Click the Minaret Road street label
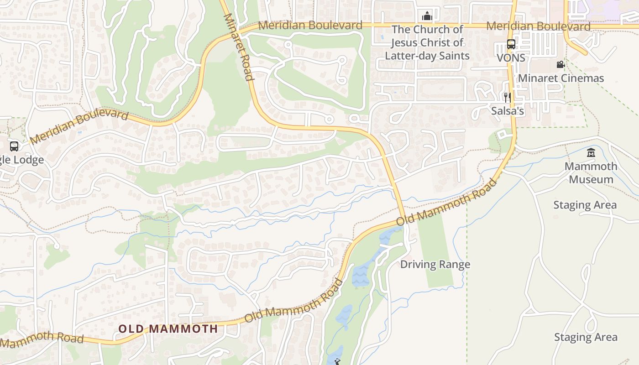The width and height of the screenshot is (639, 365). [238, 47]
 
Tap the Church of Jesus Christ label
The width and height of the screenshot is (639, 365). [427, 42]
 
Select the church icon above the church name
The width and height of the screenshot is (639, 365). [427, 16]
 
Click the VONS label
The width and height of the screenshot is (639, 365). [511, 58]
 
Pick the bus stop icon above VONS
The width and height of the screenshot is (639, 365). [511, 44]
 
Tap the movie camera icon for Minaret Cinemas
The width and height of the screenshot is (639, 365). [560, 65]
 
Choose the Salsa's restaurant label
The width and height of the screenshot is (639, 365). [508, 111]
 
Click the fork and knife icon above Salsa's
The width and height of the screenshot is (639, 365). [507, 97]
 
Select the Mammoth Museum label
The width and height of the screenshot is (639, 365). [591, 172]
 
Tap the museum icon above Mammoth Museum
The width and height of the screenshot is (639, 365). [591, 152]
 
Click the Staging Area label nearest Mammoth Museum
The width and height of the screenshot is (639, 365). [585, 205]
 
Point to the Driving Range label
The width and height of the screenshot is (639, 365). [435, 264]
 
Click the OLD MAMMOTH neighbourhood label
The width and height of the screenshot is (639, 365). [168, 328]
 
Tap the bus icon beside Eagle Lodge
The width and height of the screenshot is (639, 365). [14, 146]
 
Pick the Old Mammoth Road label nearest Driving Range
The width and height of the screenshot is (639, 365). [446, 202]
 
